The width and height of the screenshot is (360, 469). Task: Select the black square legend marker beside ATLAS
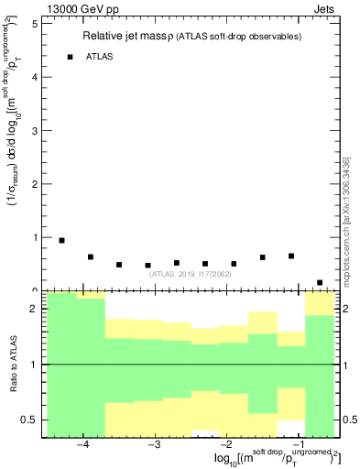tap(70, 57)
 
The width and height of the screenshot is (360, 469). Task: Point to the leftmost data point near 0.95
tap(61, 240)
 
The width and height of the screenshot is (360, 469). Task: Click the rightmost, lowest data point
tap(320, 282)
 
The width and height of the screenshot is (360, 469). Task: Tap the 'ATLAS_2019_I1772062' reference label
tap(191, 274)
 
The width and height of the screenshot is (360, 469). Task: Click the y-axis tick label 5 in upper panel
tap(33, 24)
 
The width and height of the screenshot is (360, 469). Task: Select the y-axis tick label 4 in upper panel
tap(33, 78)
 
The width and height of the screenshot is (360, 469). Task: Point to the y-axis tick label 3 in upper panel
tap(33, 131)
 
